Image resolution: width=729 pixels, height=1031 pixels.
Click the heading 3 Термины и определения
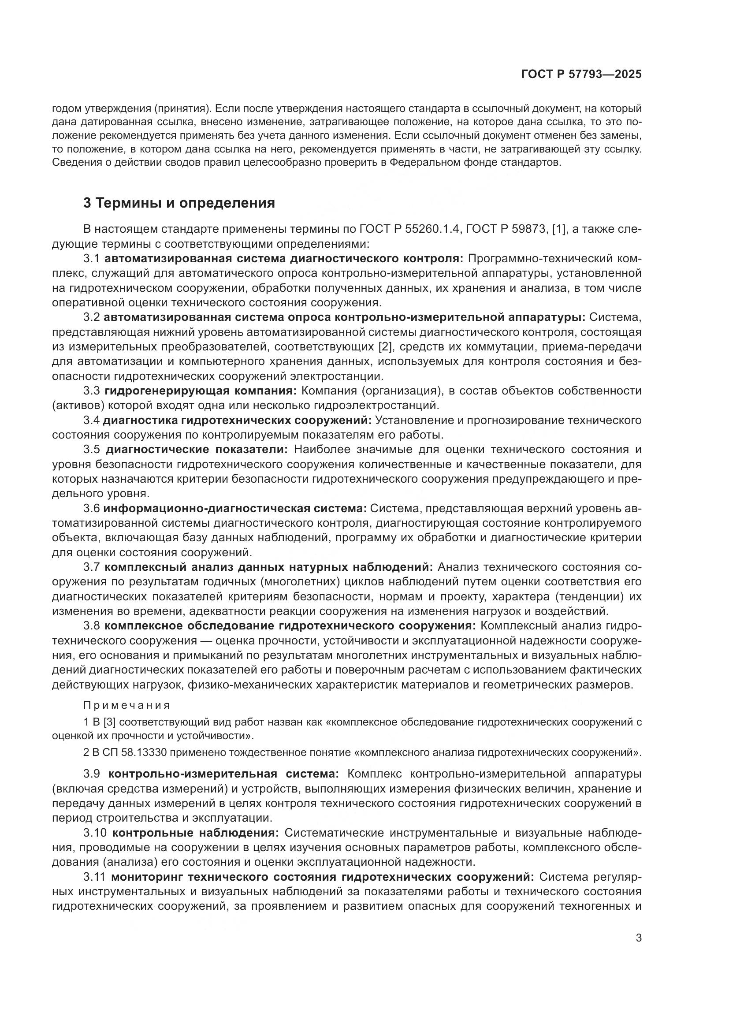(179, 203)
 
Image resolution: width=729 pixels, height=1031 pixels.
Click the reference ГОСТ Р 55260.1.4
(410, 229)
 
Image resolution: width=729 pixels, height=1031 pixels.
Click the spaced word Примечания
(127, 705)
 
